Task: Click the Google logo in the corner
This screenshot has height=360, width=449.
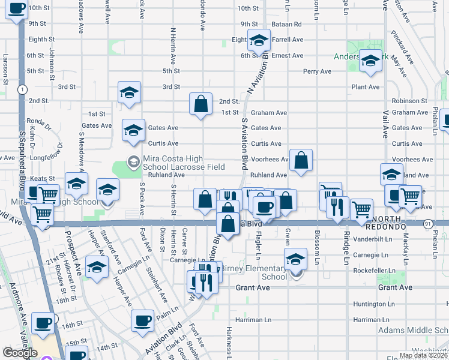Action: (20, 353)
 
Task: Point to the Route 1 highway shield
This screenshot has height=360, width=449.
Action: (22, 89)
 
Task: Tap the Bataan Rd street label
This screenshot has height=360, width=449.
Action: (289, 24)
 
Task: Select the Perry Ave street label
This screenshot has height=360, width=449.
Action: (317, 71)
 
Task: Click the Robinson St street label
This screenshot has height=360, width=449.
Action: (409, 101)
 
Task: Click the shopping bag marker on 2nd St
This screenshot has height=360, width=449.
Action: (201, 103)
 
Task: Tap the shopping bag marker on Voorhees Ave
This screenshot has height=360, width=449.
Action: (301, 160)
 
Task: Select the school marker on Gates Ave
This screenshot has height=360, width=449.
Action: (133, 130)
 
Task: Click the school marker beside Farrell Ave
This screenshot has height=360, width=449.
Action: (259, 40)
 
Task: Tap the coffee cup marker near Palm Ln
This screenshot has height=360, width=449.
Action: (142, 319)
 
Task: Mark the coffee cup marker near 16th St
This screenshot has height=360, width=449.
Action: (43, 322)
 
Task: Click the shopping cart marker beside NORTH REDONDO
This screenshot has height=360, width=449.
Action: (361, 209)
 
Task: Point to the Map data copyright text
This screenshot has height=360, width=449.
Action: (423, 355)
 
